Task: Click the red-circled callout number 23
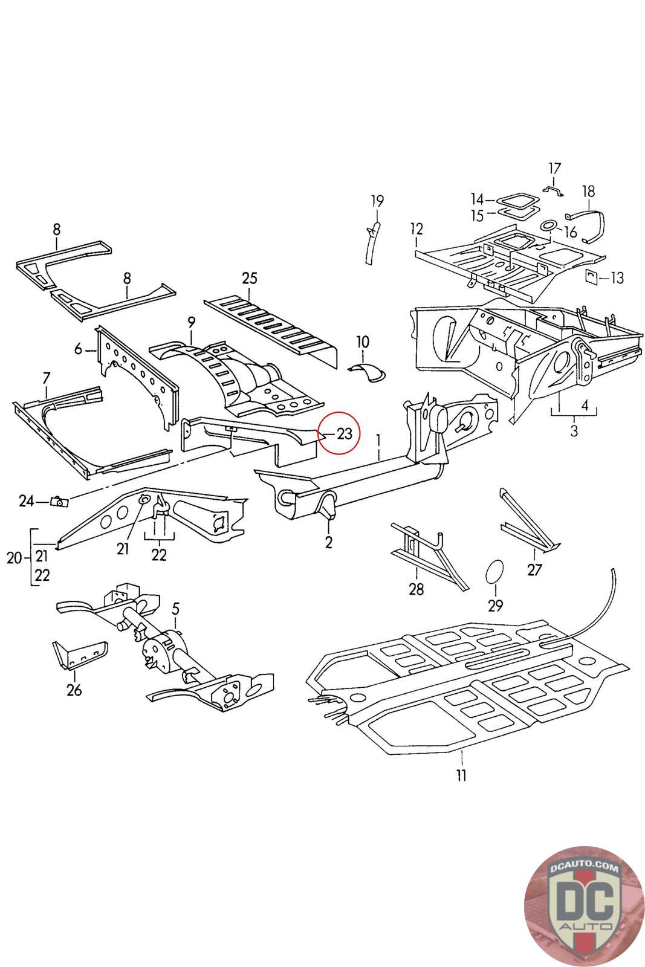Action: point(344,433)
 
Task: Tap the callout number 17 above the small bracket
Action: point(554,169)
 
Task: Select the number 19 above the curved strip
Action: point(377,201)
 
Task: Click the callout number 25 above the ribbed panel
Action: point(250,279)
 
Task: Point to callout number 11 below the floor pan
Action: point(461,776)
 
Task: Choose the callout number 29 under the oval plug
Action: point(496,606)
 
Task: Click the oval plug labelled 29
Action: point(494,572)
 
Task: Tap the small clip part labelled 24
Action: point(59,502)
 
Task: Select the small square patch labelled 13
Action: point(591,276)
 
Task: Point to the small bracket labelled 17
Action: point(553,191)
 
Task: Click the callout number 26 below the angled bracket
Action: point(74,690)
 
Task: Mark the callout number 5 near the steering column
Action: point(175,609)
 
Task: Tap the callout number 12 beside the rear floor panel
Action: point(416,229)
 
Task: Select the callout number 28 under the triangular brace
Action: point(416,589)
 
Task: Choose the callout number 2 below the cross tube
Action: point(328,542)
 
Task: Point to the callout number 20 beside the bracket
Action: point(15,558)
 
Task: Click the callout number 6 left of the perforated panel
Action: point(78,349)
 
